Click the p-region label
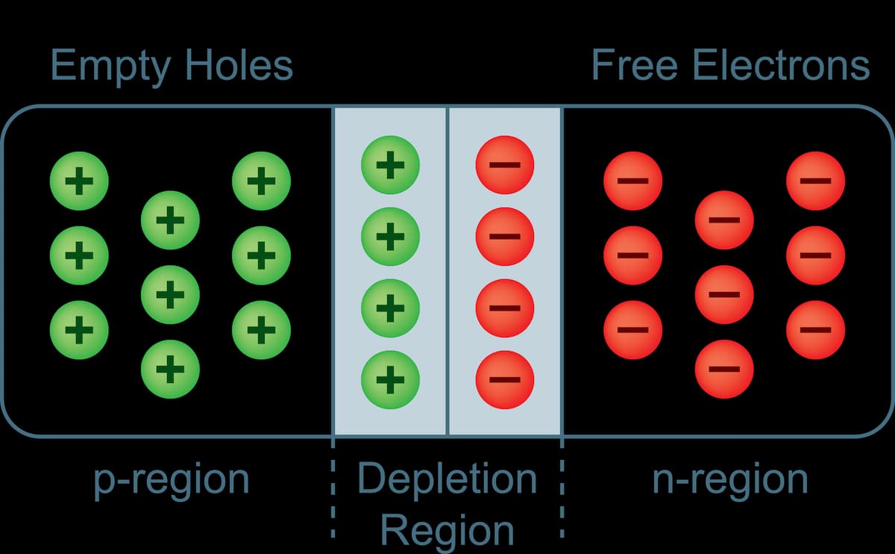tap(172, 480)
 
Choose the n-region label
tap(730, 480)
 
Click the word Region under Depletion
tap(447, 531)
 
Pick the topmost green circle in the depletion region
tap(390, 165)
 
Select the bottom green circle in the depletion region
tap(390, 379)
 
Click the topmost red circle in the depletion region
tap(505, 165)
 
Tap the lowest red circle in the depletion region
tap(505, 379)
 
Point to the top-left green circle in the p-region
tap(79, 181)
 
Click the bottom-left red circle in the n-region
tap(632, 329)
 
